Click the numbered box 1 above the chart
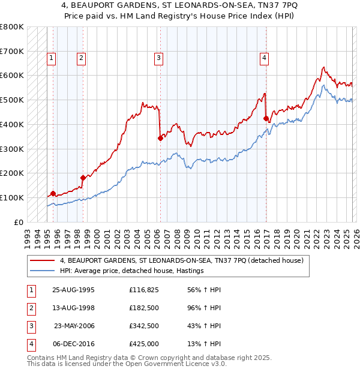(x=52, y=58)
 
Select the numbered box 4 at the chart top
(x=264, y=58)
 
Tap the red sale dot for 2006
(x=160, y=138)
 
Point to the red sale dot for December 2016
(x=266, y=118)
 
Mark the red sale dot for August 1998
(x=83, y=177)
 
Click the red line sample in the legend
(x=42, y=260)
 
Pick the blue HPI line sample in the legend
(x=42, y=271)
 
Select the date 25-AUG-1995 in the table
(x=73, y=290)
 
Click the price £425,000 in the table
(x=144, y=344)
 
